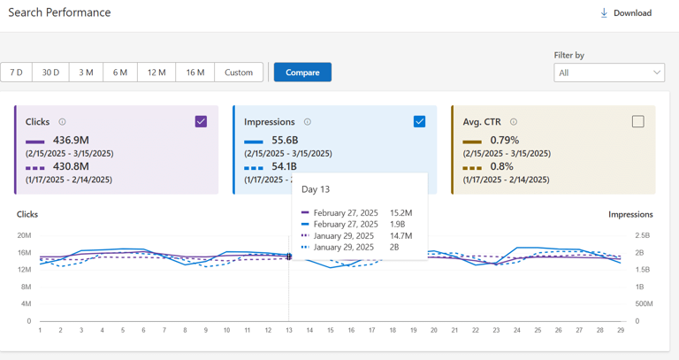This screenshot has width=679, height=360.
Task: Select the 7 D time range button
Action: pyautogui.click(x=17, y=73)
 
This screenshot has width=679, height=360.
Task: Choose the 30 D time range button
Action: pyautogui.click(x=50, y=73)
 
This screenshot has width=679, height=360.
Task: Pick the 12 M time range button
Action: pyautogui.click(x=156, y=73)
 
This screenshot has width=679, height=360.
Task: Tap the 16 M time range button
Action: pyautogui.click(x=195, y=73)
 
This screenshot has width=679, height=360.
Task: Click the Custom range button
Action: pyautogui.click(x=239, y=73)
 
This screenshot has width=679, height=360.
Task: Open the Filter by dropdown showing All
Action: pyautogui.click(x=609, y=73)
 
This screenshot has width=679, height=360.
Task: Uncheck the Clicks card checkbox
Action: pyautogui.click(x=201, y=122)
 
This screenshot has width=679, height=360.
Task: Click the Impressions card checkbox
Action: pyautogui.click(x=419, y=122)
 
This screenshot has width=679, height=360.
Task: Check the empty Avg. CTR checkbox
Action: pyautogui.click(x=637, y=122)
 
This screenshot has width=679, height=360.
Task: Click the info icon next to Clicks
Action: pyautogui.click(x=62, y=122)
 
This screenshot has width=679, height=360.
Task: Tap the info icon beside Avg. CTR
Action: pyautogui.click(x=514, y=122)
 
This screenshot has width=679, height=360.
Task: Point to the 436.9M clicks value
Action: pyautogui.click(x=71, y=141)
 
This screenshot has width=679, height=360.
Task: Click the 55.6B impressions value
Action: pyautogui.click(x=285, y=141)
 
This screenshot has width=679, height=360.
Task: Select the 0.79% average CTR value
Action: pyautogui.click(x=504, y=141)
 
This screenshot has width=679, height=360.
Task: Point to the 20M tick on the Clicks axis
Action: pyautogui.click(x=24, y=235)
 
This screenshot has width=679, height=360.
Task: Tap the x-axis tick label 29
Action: pyautogui.click(x=621, y=331)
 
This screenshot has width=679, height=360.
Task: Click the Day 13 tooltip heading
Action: pyautogui.click(x=316, y=189)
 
